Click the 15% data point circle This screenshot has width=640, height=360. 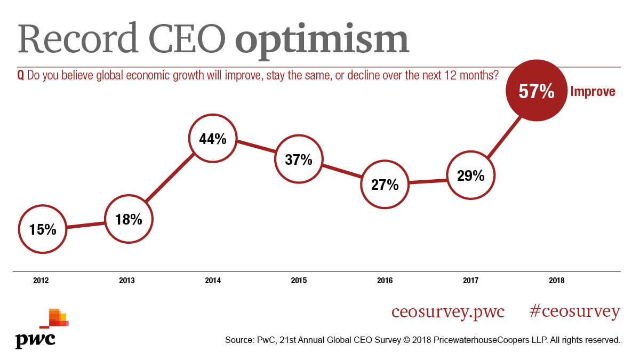[43, 229]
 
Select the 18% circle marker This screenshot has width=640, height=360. [129, 219]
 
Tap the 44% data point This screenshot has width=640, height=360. [213, 139]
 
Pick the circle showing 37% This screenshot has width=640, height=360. [299, 159]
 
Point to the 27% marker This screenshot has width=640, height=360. [385, 185]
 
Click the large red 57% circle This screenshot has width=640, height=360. [537, 92]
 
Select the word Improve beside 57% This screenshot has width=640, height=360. [593, 92]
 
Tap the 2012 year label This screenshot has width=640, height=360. [42, 280]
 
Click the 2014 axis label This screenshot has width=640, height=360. [213, 280]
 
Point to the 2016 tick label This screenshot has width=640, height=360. [385, 280]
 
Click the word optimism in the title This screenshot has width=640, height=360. [322, 41]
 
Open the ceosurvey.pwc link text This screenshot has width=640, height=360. [448, 311]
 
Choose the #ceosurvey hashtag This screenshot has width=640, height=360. [575, 311]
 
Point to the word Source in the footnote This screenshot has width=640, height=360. [241, 340]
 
